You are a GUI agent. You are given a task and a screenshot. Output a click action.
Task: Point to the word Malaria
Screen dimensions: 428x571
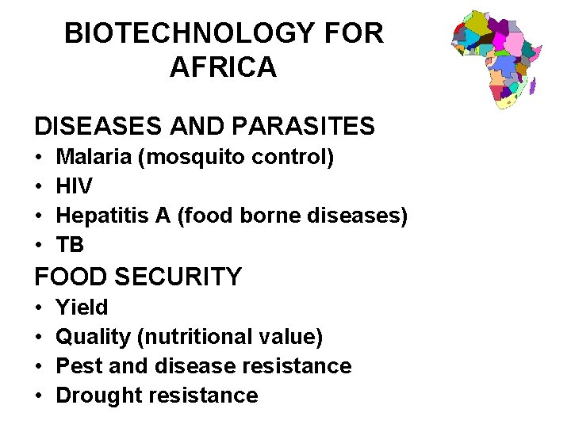(94, 157)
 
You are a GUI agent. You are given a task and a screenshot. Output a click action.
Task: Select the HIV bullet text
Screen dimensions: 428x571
(75, 187)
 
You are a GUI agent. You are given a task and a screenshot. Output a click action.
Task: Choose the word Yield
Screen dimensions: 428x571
(82, 307)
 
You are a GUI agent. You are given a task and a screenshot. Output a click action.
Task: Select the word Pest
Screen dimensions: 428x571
(78, 366)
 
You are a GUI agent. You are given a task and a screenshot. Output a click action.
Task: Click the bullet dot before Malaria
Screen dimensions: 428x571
(39, 158)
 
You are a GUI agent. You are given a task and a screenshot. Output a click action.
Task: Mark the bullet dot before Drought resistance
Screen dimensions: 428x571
(39, 396)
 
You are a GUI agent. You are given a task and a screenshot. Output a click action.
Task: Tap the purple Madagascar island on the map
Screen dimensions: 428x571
(532, 84)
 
